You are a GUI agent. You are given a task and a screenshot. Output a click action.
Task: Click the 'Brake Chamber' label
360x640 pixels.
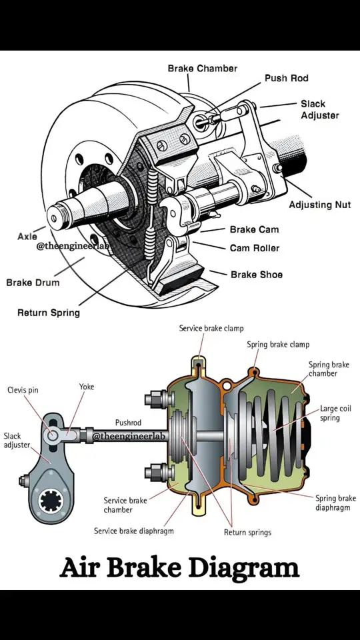202,68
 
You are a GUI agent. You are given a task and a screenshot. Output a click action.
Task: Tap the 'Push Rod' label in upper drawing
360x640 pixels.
286,78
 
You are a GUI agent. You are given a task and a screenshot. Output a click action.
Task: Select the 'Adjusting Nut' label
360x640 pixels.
319,205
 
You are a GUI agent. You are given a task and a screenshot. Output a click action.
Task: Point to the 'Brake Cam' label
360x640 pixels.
254,229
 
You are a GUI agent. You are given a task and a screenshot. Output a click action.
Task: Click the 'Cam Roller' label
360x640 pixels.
254,248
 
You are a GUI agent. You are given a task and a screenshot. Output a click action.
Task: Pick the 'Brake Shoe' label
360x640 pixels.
257,274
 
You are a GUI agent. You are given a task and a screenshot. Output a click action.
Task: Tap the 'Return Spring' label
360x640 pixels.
48,312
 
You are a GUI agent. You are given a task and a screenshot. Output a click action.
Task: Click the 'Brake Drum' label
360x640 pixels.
33,282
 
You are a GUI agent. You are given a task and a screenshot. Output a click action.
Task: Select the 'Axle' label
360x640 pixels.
27,236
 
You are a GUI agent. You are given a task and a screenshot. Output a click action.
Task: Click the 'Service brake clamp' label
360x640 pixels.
211,328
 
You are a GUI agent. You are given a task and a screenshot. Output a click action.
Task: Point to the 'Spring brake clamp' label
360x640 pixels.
278,345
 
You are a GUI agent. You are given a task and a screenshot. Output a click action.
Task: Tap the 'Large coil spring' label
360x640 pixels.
335,413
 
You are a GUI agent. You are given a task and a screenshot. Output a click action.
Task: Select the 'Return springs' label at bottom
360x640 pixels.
247,532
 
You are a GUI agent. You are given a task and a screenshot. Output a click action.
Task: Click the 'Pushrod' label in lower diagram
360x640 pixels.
128,423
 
